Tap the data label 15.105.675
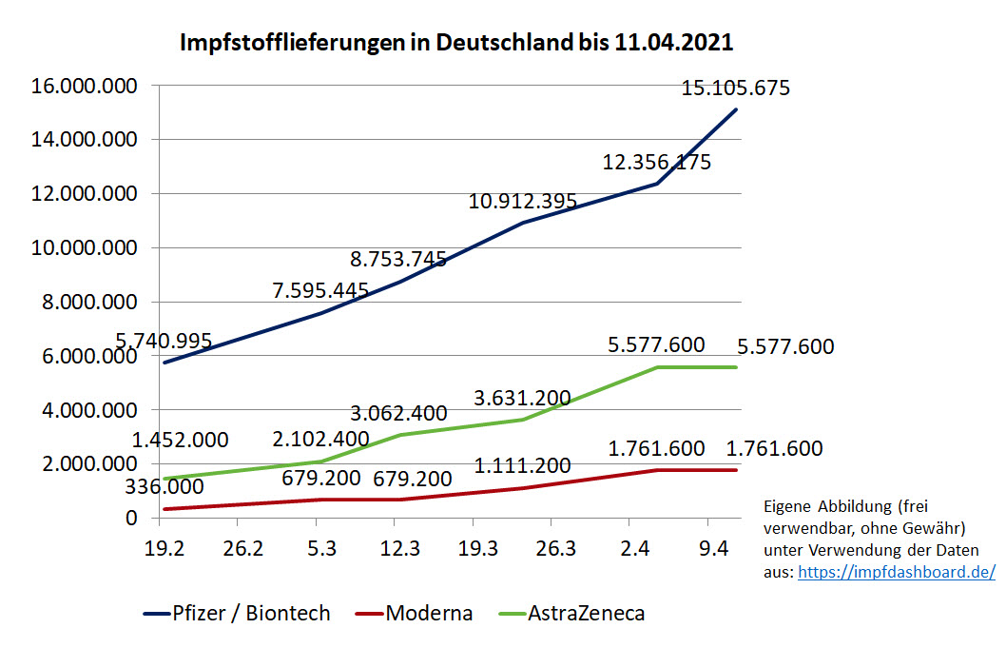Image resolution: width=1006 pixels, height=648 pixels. (735, 88)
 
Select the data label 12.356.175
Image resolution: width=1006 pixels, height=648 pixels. (656, 163)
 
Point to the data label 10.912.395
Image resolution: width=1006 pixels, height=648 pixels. (523, 202)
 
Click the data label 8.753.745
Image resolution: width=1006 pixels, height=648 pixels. (398, 259)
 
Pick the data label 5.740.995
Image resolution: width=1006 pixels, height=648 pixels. (164, 341)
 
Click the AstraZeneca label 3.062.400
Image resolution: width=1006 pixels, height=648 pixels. (398, 413)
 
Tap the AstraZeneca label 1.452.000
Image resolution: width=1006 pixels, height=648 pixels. (180, 440)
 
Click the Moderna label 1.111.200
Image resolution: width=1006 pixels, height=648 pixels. (523, 466)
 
